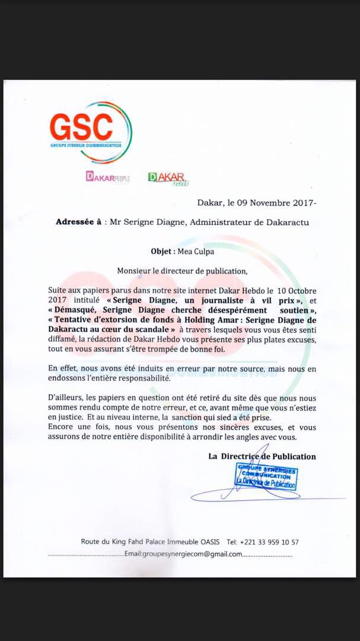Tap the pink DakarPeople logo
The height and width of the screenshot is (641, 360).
pos(108,177)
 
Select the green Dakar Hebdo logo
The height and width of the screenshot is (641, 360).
pos(168,179)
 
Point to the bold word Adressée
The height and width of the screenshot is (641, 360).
pos(77,223)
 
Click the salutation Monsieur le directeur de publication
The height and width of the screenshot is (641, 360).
pos(182,271)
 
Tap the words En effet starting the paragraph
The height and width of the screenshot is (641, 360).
pos(64,368)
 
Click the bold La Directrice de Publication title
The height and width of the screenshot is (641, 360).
pos(262,456)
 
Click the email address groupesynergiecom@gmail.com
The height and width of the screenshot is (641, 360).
pos(184,554)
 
